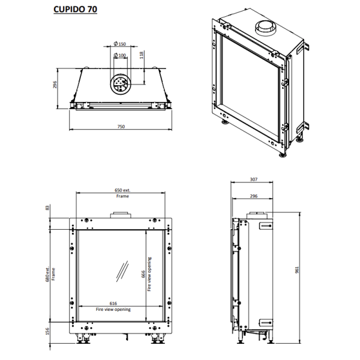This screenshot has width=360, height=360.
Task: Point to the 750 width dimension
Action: [x=121, y=127]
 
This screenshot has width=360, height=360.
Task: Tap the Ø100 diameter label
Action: [x=122, y=56]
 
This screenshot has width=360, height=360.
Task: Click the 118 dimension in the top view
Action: [x=142, y=56]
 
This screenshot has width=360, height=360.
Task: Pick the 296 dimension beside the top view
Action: [x=55, y=85]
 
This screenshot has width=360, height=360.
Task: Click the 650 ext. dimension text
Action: [x=122, y=190]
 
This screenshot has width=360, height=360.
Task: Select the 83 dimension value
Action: [x=47, y=208]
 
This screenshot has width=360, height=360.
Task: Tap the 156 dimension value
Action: [x=47, y=331]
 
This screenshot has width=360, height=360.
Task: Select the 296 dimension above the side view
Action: [x=254, y=196]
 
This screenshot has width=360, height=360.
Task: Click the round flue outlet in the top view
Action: [x=121, y=83]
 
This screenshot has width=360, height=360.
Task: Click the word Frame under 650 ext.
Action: [x=122, y=196]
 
